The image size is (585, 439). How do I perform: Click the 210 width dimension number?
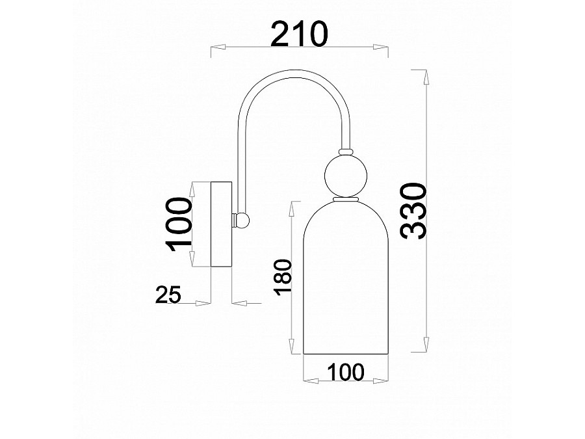point(299,34)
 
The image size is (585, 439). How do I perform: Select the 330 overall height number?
point(413,211)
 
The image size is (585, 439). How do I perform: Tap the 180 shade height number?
point(283,276)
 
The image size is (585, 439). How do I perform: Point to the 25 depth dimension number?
point(168,294)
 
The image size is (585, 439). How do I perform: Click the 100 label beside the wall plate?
point(179,224)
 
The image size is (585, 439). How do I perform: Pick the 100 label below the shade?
point(346,372)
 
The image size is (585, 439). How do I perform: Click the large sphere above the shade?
point(346,176)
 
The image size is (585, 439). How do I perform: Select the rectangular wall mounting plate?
point(222,224)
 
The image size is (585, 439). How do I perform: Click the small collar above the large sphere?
point(346,152)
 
